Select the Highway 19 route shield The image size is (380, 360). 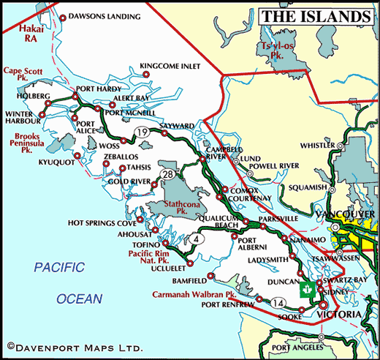141,132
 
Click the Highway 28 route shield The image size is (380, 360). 167,173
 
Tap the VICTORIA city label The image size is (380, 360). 339,315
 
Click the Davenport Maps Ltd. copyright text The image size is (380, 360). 75,345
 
